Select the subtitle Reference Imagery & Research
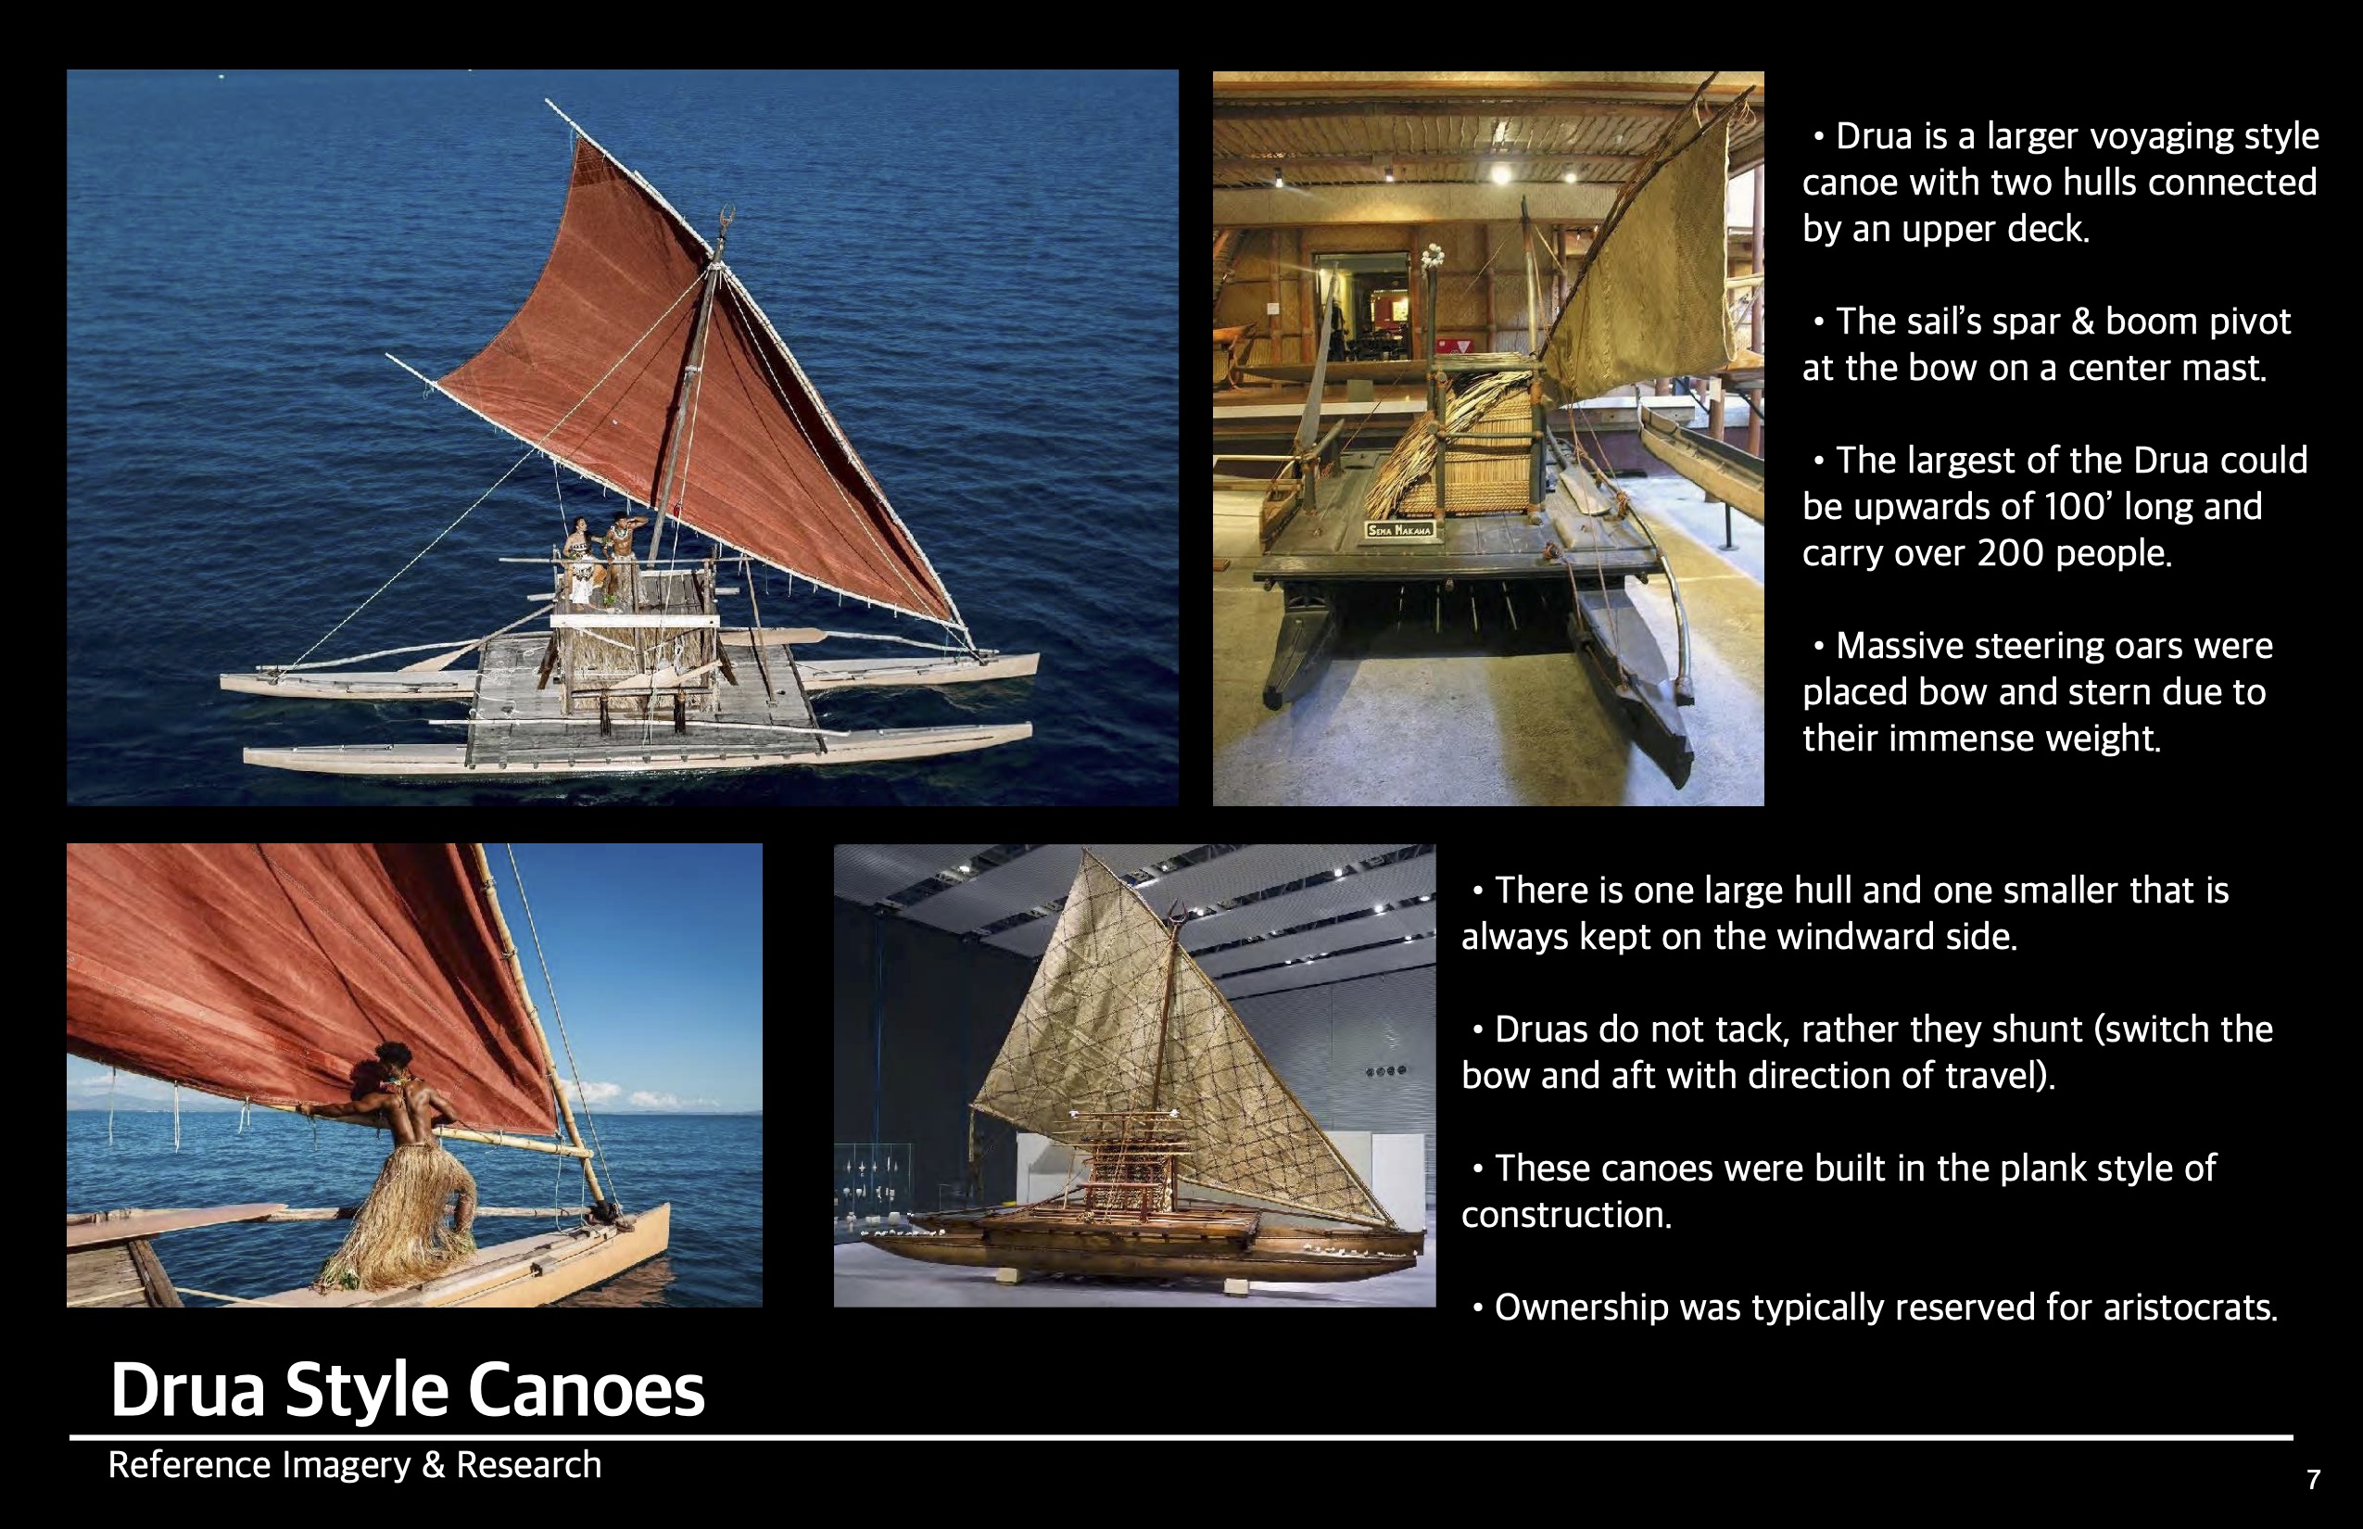pyautogui.click(x=354, y=1465)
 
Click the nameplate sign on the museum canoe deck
pyautogui.click(x=1399, y=530)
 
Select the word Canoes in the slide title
pyautogui.click(x=586, y=1390)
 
